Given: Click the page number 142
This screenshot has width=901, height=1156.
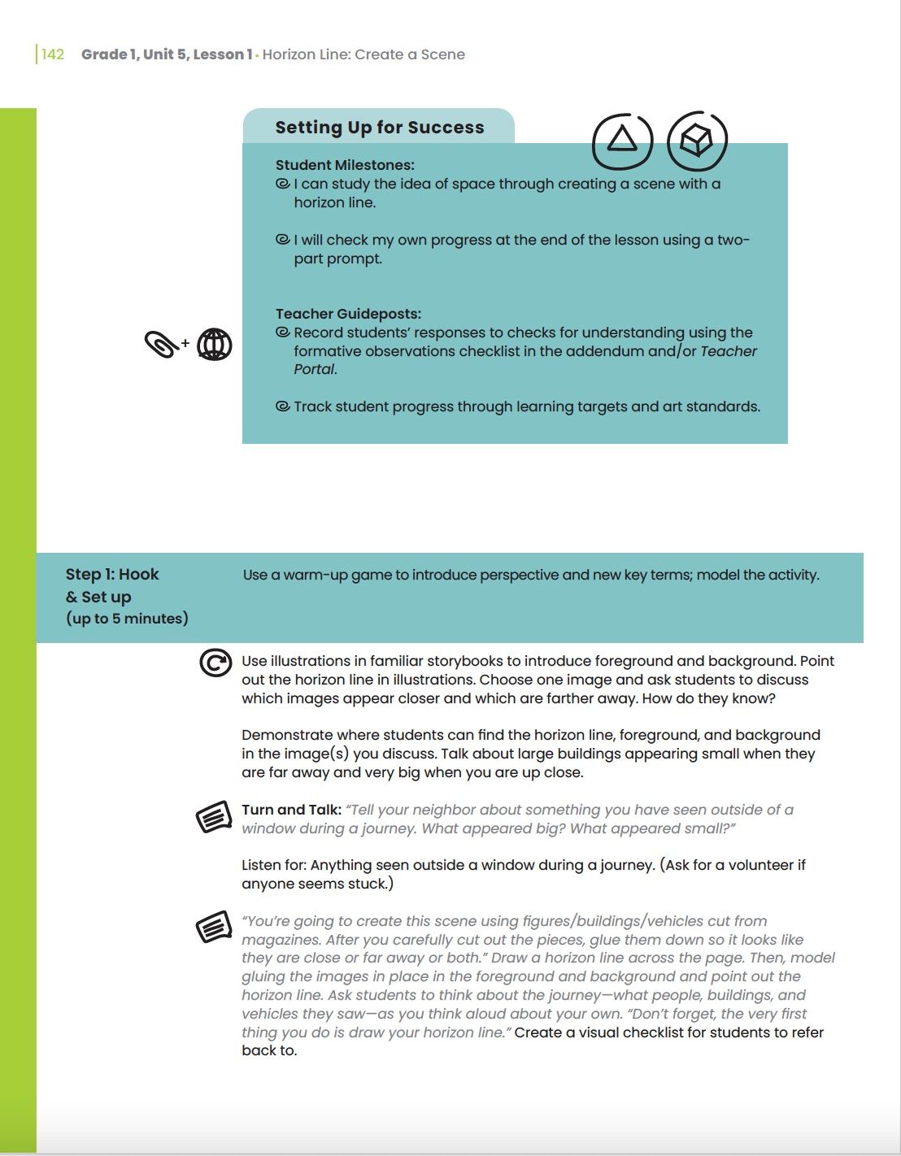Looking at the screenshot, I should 53,54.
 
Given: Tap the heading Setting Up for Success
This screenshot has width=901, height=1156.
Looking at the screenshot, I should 379,128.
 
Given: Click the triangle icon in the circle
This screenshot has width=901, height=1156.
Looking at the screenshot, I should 622,140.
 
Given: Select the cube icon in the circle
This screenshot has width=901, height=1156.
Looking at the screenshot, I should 696,141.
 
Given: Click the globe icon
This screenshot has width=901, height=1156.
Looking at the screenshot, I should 215,345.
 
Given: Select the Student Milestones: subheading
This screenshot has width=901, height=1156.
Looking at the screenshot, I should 345,165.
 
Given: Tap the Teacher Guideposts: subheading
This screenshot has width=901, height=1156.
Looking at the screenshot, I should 348,314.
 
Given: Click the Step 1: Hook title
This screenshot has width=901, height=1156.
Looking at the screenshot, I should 112,574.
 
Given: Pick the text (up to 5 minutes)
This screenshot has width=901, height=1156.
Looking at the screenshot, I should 127,619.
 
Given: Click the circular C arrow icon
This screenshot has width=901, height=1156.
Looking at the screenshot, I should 215,663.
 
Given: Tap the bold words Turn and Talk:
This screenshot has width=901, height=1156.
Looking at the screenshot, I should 291,810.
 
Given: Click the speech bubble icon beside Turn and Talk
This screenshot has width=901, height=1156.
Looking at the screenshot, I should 215,817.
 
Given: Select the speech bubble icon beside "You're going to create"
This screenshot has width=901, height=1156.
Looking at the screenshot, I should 215,928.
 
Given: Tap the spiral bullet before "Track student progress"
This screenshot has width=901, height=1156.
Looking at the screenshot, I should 283,406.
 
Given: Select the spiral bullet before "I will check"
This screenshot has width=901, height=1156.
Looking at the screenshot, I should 283,240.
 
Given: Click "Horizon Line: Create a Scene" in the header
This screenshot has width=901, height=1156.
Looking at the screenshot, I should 363,54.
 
